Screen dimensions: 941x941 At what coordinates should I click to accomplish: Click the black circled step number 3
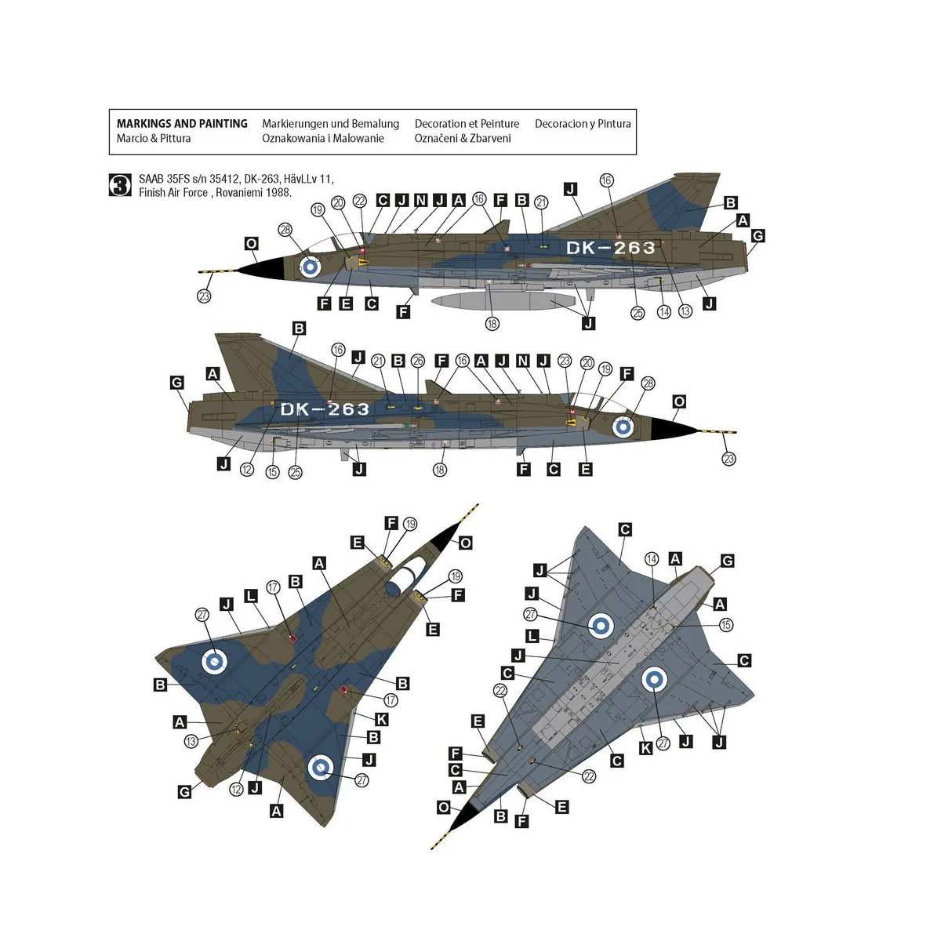pyautogui.click(x=121, y=185)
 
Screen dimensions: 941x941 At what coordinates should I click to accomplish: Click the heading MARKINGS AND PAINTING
pyautogui.click(x=182, y=124)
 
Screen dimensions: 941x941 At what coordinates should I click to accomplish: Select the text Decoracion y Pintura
pyautogui.click(x=583, y=124)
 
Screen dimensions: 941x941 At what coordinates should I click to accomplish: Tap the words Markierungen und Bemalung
pyautogui.click(x=330, y=124)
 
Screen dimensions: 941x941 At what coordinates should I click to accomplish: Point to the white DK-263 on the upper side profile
pyautogui.click(x=610, y=248)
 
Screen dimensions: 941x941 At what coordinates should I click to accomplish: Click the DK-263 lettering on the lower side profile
pyautogui.click(x=325, y=409)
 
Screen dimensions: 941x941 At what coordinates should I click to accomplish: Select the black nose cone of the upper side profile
pyautogui.click(x=263, y=270)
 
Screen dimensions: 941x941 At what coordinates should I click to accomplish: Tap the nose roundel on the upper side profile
pyautogui.click(x=311, y=266)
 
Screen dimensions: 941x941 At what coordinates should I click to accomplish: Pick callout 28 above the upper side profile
pyautogui.click(x=285, y=229)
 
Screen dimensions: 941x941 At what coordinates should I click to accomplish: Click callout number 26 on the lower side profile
pyautogui.click(x=418, y=360)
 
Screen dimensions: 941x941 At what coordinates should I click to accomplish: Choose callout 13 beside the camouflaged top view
pyautogui.click(x=191, y=741)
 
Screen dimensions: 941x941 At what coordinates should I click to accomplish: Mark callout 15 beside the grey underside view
pyautogui.click(x=725, y=625)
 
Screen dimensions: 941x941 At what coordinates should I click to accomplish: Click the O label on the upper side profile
pyautogui.click(x=251, y=244)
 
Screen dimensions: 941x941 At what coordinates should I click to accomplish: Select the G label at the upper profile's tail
pyautogui.click(x=757, y=236)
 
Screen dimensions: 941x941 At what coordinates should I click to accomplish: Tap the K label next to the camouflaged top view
pyautogui.click(x=382, y=719)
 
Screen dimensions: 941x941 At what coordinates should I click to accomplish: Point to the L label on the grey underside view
pyautogui.click(x=533, y=638)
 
